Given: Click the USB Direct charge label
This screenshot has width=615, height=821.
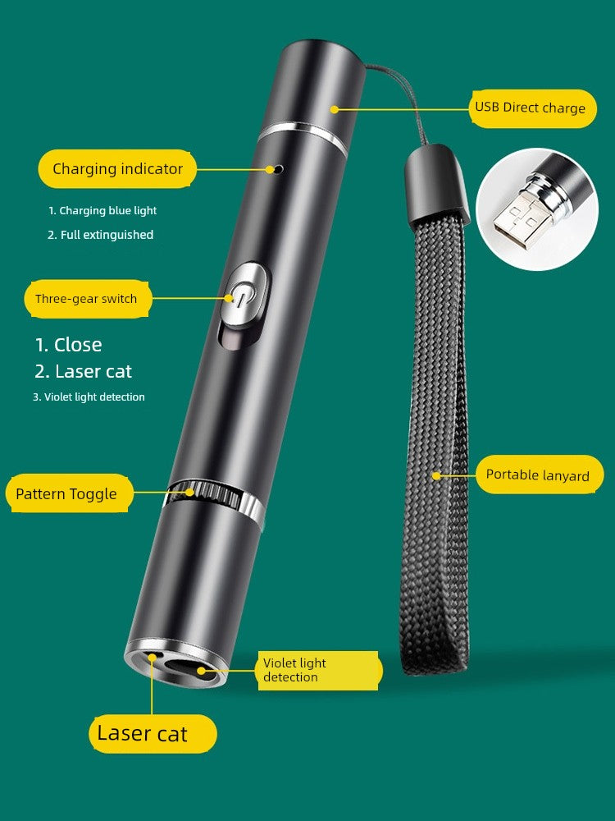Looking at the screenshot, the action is [x=533, y=108].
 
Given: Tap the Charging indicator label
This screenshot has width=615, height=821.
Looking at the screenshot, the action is [x=117, y=168].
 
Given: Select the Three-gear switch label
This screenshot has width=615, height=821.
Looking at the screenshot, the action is [x=88, y=299].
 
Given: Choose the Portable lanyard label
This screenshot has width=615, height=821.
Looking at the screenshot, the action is [x=540, y=475].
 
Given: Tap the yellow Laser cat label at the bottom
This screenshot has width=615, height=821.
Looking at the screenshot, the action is [x=153, y=733].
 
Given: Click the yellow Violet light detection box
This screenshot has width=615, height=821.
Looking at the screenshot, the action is [x=320, y=670].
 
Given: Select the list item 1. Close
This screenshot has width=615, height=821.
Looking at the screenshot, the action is [x=69, y=345].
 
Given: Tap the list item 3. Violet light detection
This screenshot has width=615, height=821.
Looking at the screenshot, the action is [x=89, y=397].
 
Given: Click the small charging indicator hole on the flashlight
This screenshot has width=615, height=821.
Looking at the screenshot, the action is [x=279, y=169].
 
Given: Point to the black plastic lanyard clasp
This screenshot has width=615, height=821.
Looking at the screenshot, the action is [x=436, y=184].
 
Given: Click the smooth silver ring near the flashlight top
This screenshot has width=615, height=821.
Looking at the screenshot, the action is [x=303, y=136].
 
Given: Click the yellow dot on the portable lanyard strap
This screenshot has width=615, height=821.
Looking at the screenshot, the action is [x=435, y=475].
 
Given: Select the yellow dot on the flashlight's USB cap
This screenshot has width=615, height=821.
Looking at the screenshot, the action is [x=335, y=109].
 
